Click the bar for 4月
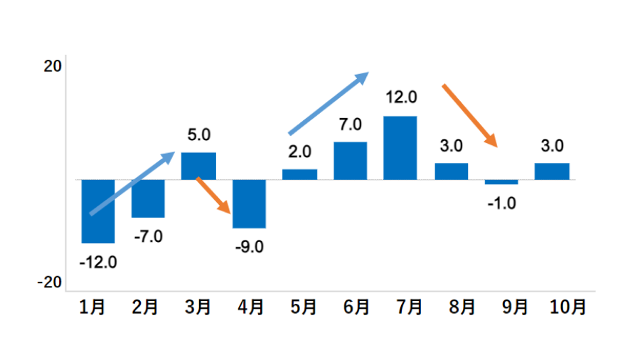coord(249,203)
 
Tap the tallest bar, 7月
coord(400,148)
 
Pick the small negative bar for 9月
coord(501,182)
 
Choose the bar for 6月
coord(350,161)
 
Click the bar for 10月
coord(552,171)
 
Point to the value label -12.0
coord(98,262)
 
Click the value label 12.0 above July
coord(401,97)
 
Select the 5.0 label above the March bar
coord(198,134)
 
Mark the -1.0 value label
coord(501,203)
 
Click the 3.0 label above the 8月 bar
coord(451,146)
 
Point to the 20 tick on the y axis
coord(53,66)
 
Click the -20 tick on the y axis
coord(50,282)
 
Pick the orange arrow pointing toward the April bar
coord(213,196)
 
